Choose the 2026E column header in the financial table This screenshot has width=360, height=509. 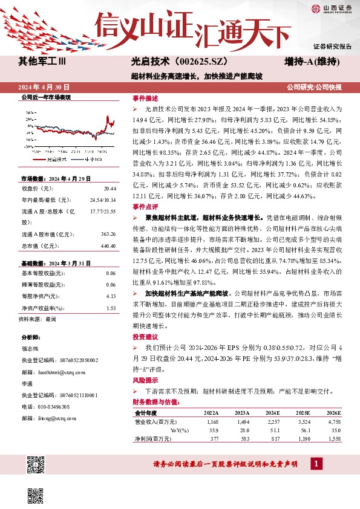(x=333, y=413)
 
